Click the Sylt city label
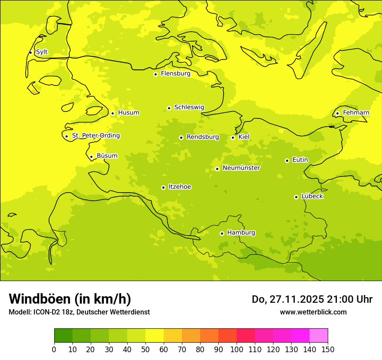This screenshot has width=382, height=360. click(x=42, y=52)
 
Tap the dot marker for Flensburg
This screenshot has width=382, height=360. click(x=155, y=74)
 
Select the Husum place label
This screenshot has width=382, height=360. click(x=128, y=113)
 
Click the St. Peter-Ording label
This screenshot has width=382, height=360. click(x=96, y=136)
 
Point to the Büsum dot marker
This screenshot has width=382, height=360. click(x=91, y=157)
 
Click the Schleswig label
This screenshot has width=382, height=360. click(x=189, y=107)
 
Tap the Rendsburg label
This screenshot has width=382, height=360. click(x=202, y=137)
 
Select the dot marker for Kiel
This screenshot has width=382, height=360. click(x=233, y=137)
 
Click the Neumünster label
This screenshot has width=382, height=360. click(x=241, y=168)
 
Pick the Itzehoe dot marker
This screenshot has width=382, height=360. click(x=163, y=187)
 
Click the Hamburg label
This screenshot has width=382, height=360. click(x=241, y=232)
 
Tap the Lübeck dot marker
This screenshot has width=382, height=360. click(x=296, y=197)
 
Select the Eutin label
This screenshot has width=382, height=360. click(x=300, y=160)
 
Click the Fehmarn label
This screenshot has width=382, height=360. click(x=356, y=113)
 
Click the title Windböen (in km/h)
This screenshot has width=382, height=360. click(x=69, y=299)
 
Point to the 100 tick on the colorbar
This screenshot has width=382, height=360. click(x=237, y=349)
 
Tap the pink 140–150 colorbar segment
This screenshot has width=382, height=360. click(x=319, y=335)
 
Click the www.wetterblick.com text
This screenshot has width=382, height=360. click(x=313, y=312)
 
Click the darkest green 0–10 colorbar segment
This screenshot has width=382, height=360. click(x=63, y=335)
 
